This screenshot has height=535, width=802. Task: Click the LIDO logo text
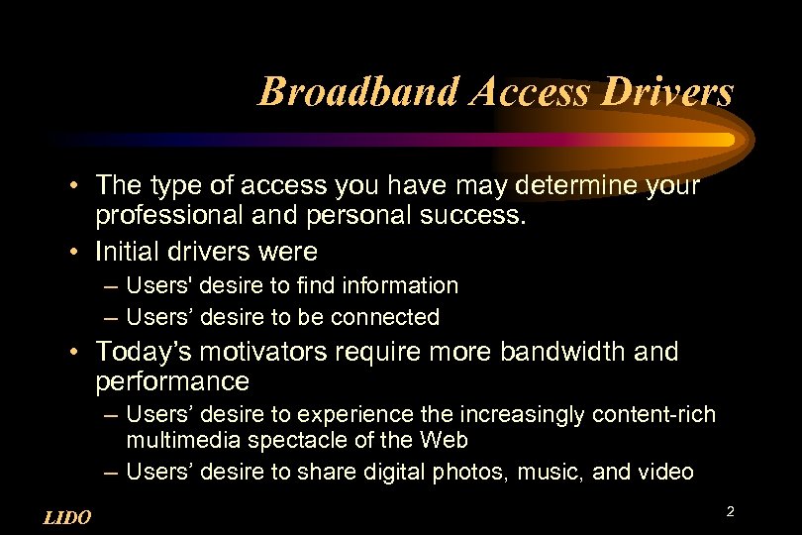tap(68, 517)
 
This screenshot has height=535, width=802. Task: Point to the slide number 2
tap(730, 511)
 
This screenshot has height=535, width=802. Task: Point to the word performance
tap(172, 380)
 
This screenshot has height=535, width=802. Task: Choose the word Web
tap(445, 439)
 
